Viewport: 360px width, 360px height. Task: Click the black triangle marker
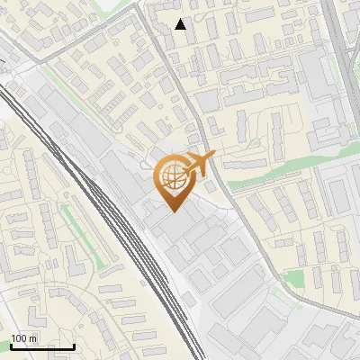click(x=180, y=24)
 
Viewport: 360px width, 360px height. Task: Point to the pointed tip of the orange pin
click(x=171, y=211)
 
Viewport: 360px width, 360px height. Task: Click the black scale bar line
click(x=41, y=346)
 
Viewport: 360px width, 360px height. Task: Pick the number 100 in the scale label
click(x=20, y=338)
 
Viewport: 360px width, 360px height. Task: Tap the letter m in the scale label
click(x=33, y=338)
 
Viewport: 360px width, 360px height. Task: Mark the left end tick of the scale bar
click(x=10, y=345)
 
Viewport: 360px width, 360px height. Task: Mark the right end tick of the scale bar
click(x=74, y=345)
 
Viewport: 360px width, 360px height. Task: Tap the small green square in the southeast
click(x=294, y=280)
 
